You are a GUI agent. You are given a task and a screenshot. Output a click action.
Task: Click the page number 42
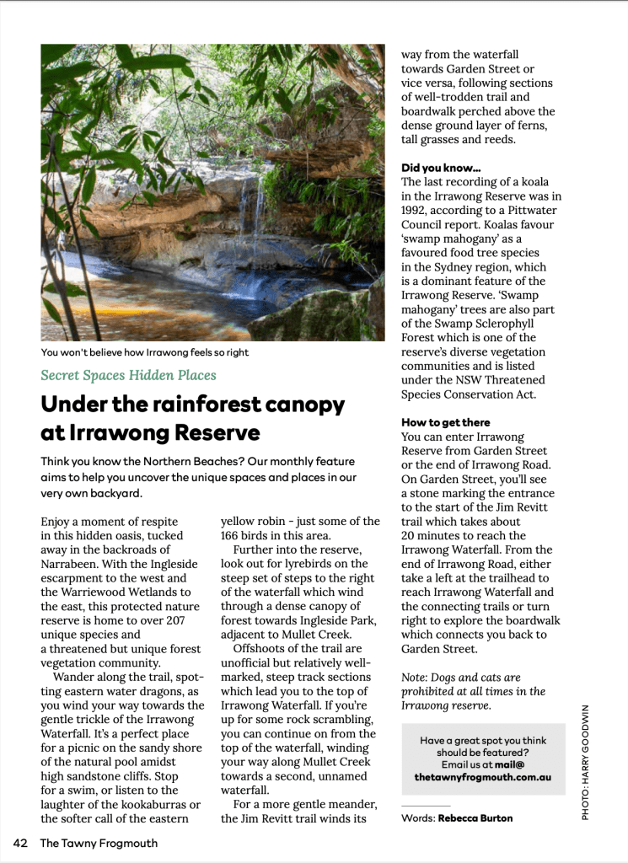pyautogui.click(x=21, y=842)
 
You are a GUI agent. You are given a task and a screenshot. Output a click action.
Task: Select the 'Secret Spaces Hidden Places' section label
pyautogui.click(x=128, y=375)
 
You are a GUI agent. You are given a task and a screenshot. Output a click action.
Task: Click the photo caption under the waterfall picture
pyautogui.click(x=145, y=352)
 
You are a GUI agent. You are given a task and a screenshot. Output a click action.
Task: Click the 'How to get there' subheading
pyautogui.click(x=446, y=422)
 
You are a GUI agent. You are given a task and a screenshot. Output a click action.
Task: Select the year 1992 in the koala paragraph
pyautogui.click(x=417, y=211)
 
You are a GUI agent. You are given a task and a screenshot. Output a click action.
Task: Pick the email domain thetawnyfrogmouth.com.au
pyautogui.click(x=483, y=777)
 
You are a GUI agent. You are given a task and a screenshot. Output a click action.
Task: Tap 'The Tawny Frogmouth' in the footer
pyautogui.click(x=99, y=842)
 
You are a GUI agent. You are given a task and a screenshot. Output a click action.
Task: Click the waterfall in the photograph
pyautogui.click(x=249, y=215)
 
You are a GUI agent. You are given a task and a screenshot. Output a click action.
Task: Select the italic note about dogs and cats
pyautogui.click(x=473, y=690)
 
